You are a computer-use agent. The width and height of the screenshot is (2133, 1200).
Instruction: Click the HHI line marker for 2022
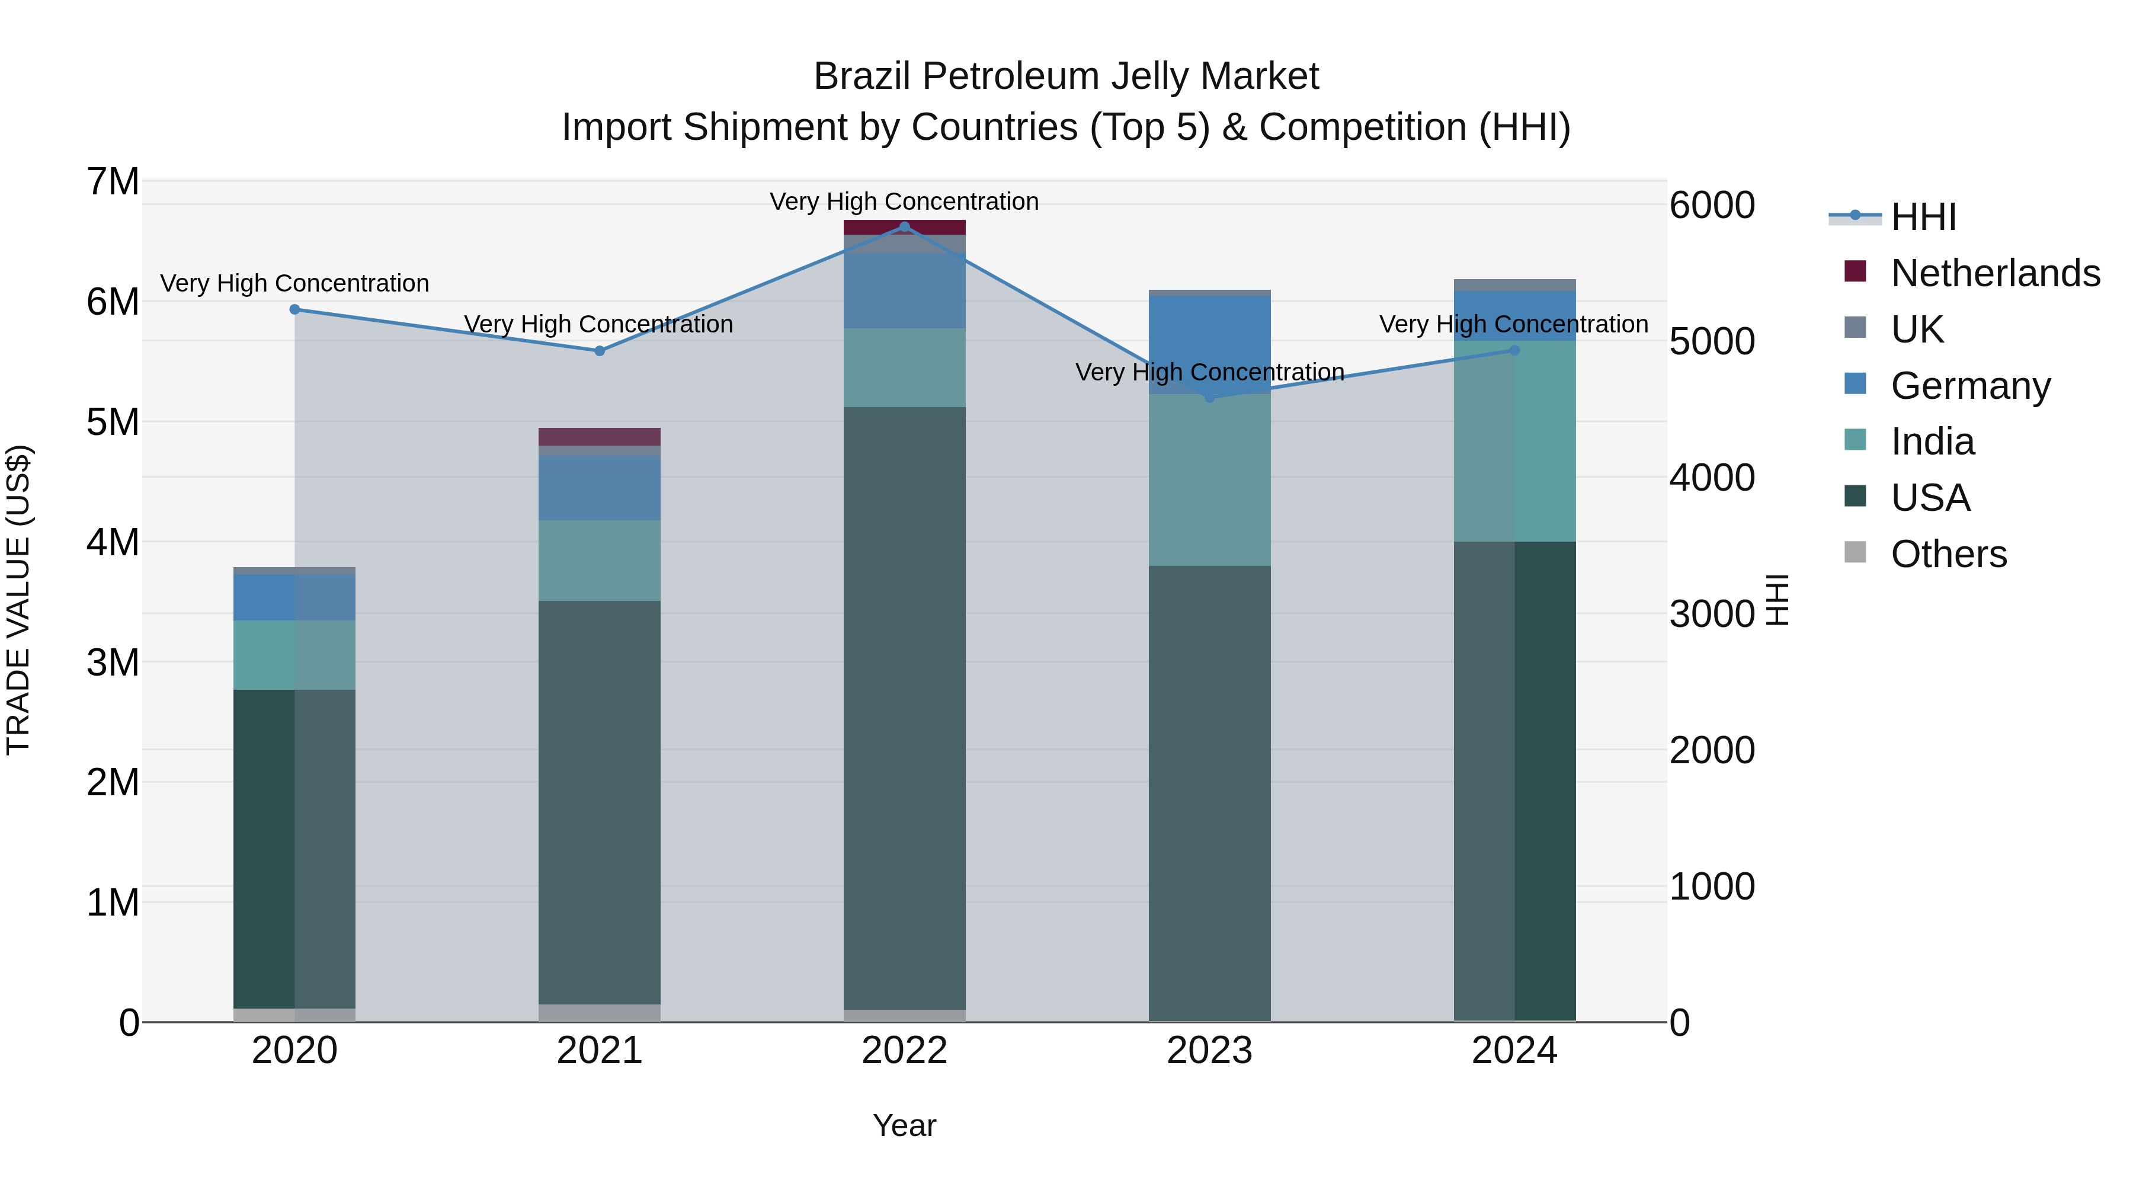[904, 227]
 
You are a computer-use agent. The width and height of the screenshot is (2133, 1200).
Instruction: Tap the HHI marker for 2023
[1210, 398]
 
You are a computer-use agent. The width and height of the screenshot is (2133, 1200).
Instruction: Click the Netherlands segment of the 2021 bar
[600, 436]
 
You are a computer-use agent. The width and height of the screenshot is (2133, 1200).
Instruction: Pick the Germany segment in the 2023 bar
[1210, 344]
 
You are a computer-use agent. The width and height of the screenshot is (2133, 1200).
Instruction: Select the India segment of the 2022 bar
[904, 367]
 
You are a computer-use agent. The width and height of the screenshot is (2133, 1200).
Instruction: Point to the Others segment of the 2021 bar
[600, 1013]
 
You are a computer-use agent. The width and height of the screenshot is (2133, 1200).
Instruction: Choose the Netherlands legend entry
[1996, 273]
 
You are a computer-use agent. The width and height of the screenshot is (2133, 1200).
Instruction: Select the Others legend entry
[1948, 553]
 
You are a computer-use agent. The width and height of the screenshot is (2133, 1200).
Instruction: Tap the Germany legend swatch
[1856, 384]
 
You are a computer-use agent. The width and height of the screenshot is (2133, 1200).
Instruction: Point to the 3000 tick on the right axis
[1712, 614]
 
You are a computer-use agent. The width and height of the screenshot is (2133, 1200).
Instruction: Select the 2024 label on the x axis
[1514, 1051]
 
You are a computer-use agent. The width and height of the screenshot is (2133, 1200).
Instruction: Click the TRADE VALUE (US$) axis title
[18, 600]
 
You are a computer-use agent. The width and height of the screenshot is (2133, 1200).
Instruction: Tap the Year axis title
[904, 1125]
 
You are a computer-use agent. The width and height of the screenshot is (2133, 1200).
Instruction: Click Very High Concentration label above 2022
[904, 201]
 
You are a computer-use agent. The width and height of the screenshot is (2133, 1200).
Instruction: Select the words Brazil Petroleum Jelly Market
[1066, 76]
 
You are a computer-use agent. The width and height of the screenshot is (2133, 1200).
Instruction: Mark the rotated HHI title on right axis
[1777, 600]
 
